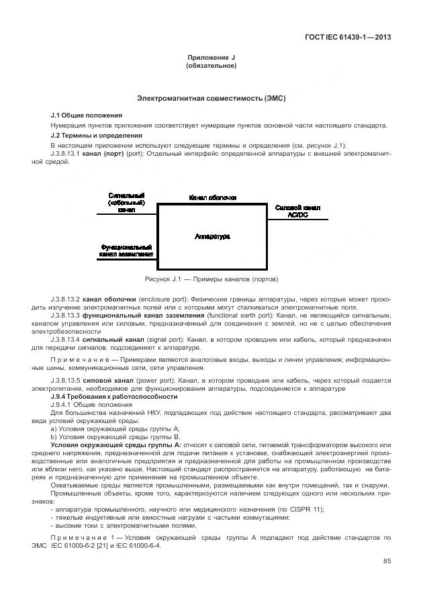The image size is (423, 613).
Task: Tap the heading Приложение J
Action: click(211, 58)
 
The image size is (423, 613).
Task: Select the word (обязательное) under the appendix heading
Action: click(211, 66)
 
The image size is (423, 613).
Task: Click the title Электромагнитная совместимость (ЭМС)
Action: click(211, 98)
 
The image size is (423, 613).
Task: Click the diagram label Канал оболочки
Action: click(212, 198)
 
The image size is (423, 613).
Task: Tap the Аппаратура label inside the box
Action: click(212, 236)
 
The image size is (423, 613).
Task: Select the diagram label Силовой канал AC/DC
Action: click(297, 211)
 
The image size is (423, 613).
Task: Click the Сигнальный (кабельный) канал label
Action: click(127, 203)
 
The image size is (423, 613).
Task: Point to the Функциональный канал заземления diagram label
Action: click(127, 250)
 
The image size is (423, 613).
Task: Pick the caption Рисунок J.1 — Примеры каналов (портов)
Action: click(211, 279)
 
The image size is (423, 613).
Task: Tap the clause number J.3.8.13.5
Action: click(65, 381)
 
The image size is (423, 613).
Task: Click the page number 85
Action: click(387, 561)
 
